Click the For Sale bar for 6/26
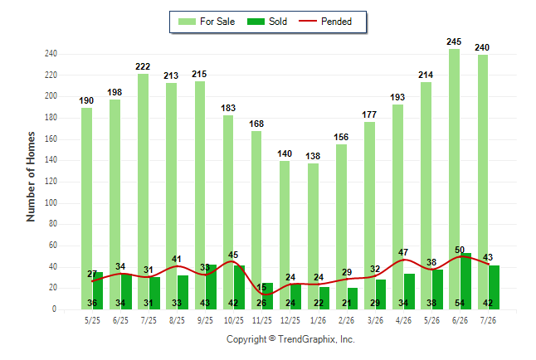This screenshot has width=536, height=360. point(455,179)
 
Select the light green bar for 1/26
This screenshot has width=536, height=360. point(313,236)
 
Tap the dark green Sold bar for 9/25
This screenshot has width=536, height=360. point(211,287)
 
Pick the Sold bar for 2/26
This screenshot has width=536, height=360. point(353,299)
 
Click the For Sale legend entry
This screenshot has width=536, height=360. point(207,22)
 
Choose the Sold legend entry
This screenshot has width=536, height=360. point(267,22)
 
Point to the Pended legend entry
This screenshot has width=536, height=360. point(325,22)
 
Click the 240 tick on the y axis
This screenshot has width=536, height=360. point(51,54)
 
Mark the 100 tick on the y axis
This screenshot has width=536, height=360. point(51,202)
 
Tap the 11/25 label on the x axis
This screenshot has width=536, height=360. point(262,320)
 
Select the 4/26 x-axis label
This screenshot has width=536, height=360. point(403,320)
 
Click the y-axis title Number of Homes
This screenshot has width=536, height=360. point(31,177)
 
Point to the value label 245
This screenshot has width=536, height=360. point(454,41)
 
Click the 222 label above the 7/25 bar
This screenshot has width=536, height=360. point(143,66)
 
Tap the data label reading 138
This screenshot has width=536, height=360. point(313,156)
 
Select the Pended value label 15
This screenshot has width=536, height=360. point(261,287)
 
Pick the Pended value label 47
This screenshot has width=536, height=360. point(403,252)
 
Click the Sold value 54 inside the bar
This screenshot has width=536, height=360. point(460,303)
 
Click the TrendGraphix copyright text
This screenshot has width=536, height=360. point(290,339)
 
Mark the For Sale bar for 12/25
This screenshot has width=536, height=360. point(285,236)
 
